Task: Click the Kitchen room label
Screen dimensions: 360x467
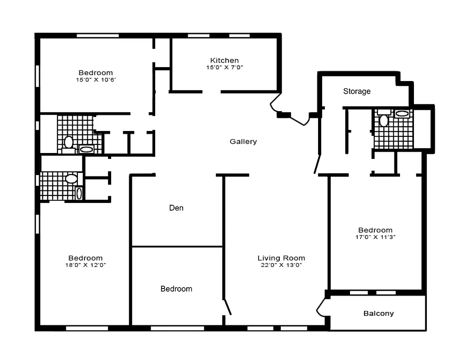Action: pyautogui.click(x=225, y=60)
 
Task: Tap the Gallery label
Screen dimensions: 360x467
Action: pyautogui.click(x=243, y=142)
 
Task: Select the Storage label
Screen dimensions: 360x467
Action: pyautogui.click(x=357, y=91)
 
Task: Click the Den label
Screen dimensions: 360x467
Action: pyautogui.click(x=176, y=208)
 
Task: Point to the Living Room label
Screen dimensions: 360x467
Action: pyautogui.click(x=281, y=258)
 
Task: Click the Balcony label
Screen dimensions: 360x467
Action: pyautogui.click(x=378, y=314)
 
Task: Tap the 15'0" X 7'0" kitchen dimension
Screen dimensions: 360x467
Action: pyautogui.click(x=225, y=67)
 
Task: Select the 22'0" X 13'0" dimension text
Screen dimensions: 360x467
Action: pyautogui.click(x=281, y=265)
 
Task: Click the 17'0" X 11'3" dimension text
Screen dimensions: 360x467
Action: pyautogui.click(x=375, y=237)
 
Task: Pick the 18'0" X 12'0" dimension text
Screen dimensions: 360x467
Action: pyautogui.click(x=85, y=265)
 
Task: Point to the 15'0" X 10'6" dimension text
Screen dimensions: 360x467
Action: pyautogui.click(x=96, y=80)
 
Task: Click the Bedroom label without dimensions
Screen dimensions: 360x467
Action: pyautogui.click(x=176, y=289)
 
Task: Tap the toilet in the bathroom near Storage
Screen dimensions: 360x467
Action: pyautogui.click(x=384, y=121)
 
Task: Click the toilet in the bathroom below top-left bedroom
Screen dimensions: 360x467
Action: pyautogui.click(x=68, y=142)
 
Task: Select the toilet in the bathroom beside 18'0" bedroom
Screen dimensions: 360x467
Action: pyautogui.click(x=71, y=179)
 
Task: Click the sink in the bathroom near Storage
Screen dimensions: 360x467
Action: pyautogui.click(x=402, y=114)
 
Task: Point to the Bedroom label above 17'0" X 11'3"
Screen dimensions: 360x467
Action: pyautogui.click(x=375, y=230)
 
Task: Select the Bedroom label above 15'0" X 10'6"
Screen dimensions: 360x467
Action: pyautogui.click(x=96, y=73)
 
